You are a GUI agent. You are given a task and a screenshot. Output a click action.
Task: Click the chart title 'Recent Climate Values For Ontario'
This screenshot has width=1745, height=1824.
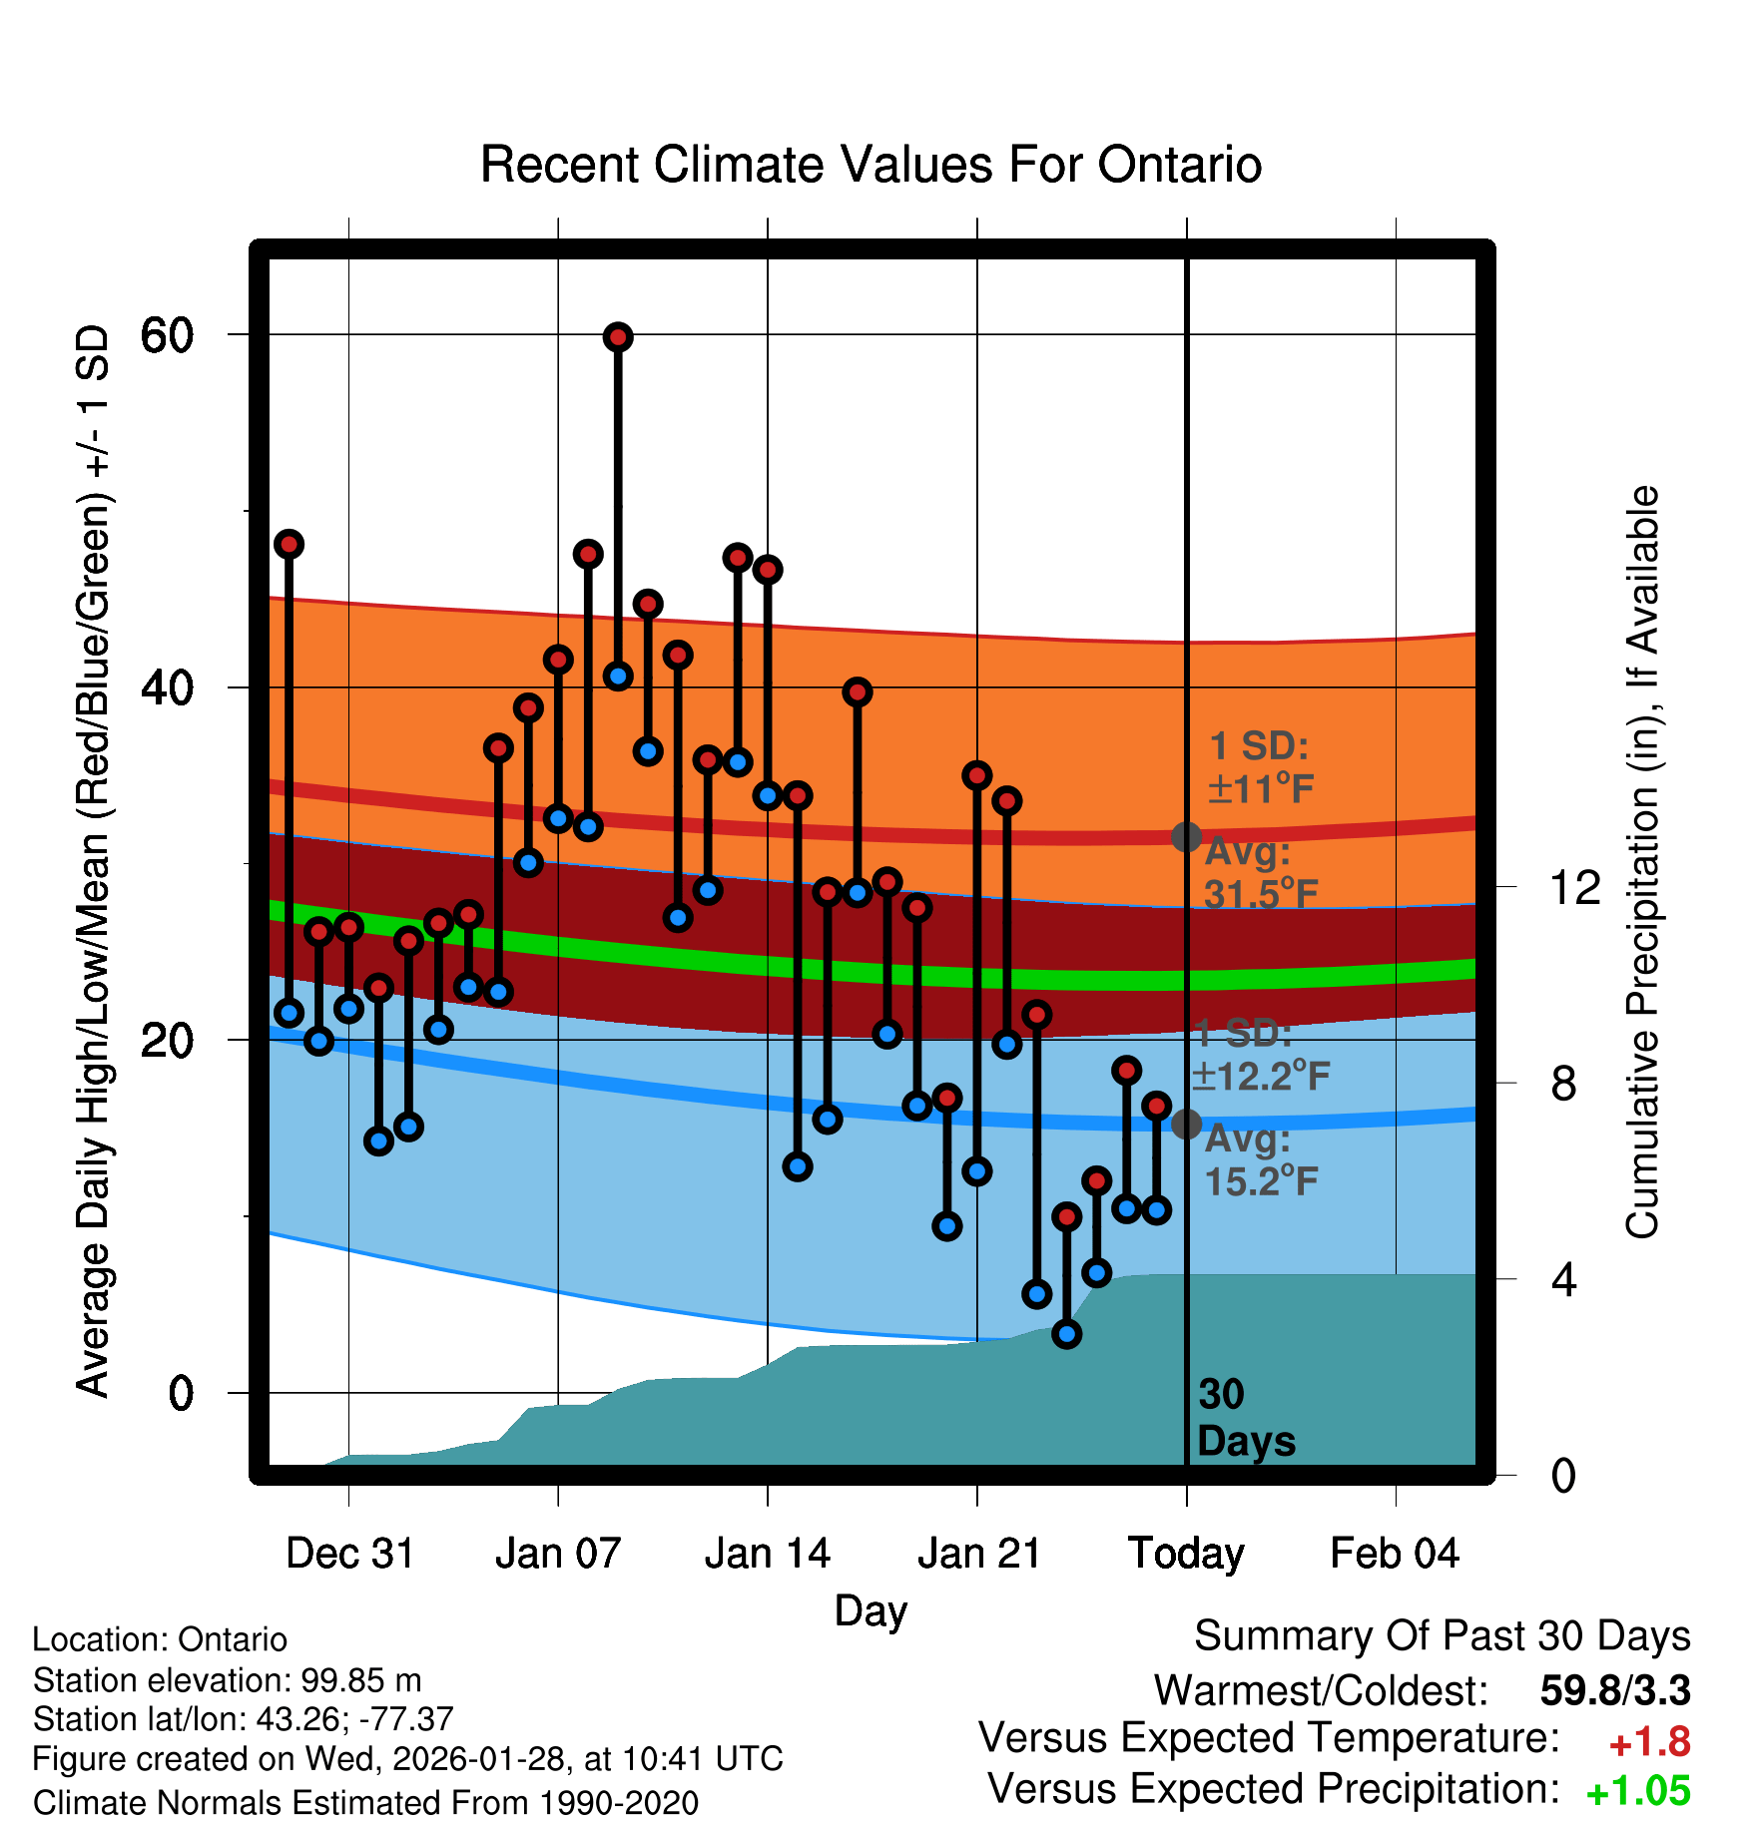click(x=871, y=165)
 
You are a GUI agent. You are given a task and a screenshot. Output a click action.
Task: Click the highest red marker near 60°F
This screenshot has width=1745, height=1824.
click(x=618, y=337)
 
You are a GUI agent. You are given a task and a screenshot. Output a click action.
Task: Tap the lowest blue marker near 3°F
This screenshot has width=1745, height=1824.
click(x=1067, y=1334)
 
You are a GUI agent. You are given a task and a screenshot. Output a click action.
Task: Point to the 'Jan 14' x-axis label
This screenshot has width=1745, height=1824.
click(x=767, y=1554)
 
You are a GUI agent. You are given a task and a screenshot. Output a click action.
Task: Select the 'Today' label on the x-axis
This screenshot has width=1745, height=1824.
click(x=1186, y=1554)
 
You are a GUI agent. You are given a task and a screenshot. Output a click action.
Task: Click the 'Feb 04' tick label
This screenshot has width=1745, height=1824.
click(x=1395, y=1554)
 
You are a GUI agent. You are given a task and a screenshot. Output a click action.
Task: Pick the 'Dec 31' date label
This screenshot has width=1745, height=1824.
click(x=349, y=1554)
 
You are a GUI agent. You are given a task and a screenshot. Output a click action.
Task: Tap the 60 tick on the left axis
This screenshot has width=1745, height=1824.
click(x=167, y=335)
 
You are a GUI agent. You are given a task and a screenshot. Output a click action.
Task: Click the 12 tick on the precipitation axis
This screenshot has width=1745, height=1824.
click(x=1574, y=887)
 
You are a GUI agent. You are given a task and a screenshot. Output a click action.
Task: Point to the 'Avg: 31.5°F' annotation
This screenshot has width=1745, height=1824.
click(x=1260, y=873)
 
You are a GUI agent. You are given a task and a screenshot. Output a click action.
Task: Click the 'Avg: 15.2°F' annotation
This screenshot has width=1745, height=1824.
click(x=1260, y=1159)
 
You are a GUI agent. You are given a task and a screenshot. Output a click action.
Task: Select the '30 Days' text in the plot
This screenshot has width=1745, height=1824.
click(x=1245, y=1418)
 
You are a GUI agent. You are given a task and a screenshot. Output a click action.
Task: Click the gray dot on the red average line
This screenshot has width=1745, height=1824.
click(x=1186, y=837)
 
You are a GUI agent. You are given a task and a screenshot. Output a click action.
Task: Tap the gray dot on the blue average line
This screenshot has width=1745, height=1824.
click(x=1186, y=1124)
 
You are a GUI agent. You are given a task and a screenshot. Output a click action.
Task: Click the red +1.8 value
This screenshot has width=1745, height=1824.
click(x=1649, y=1742)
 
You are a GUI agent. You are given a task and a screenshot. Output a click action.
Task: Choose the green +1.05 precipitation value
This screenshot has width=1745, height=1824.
click(x=1638, y=1791)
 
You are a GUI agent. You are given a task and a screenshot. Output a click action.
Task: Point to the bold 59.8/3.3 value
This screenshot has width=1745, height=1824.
click(x=1614, y=1690)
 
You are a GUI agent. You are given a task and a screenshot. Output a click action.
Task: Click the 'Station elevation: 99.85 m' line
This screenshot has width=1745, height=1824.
click(x=228, y=1680)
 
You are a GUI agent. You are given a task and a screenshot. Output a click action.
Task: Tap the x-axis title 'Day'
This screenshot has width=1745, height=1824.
click(x=871, y=1610)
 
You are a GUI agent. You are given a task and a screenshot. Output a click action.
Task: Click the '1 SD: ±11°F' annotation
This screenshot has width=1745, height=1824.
click(x=1260, y=767)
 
